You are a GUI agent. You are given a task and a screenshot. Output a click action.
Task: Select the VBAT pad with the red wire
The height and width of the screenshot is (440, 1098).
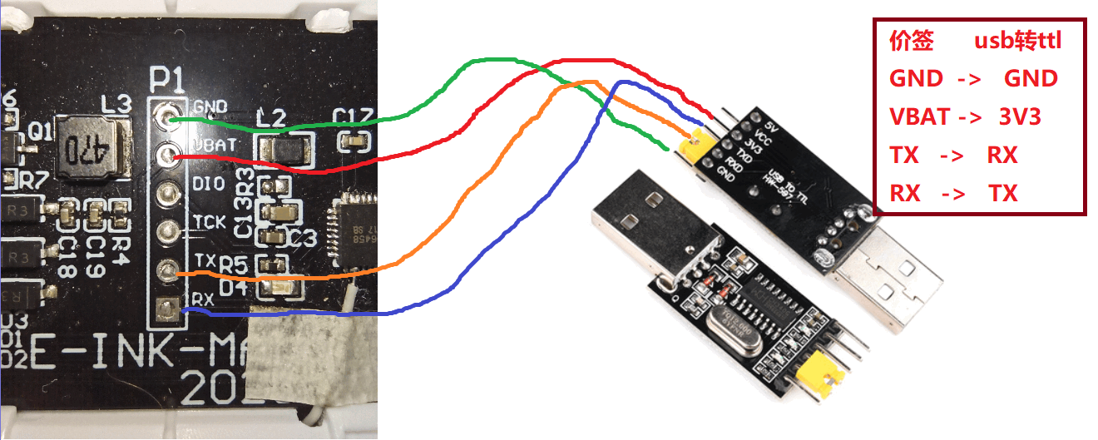tap(171, 153)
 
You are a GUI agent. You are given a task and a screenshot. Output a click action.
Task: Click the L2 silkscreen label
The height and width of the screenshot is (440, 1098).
tap(271, 118)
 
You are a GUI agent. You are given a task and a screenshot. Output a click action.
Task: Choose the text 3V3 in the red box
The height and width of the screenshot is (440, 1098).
tap(1019, 117)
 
